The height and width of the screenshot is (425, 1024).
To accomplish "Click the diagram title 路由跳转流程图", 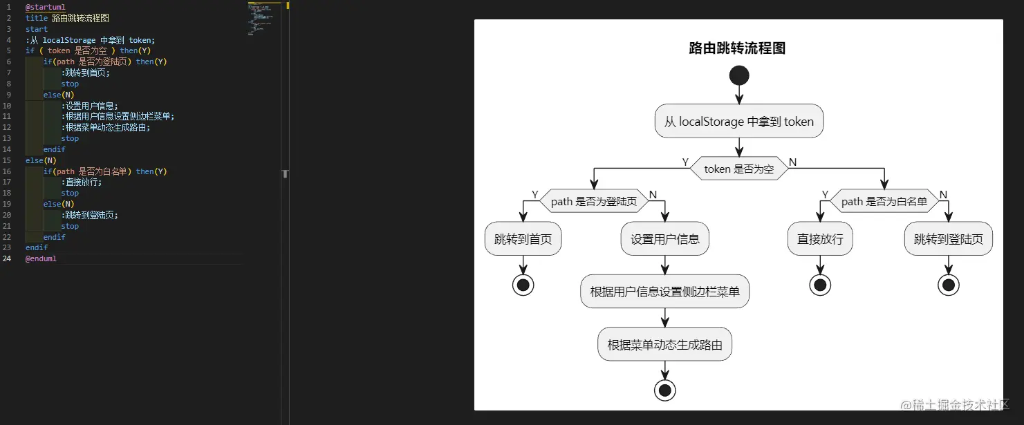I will (737, 48).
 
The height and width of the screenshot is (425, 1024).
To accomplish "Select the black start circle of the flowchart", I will (738, 75).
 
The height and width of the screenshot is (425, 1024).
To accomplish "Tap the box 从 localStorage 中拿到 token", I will (738, 122).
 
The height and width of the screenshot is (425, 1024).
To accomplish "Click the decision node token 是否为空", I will (738, 169).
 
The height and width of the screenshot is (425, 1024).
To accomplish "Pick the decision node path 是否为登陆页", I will (594, 201).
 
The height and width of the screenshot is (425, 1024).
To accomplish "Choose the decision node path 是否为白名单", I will (884, 201).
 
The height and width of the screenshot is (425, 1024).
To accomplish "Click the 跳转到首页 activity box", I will (523, 239).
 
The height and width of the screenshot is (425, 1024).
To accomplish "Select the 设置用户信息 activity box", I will (664, 239).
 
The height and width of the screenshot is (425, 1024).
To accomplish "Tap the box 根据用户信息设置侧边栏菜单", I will (664, 292).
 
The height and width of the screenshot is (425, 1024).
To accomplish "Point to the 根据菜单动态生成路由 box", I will (664, 344).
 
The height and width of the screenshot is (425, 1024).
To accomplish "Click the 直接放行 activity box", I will (820, 239).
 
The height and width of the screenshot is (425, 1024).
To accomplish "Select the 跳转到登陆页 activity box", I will (948, 239).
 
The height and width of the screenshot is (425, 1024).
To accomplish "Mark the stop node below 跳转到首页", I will (523, 285).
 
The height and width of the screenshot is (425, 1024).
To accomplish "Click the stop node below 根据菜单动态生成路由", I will (664, 390).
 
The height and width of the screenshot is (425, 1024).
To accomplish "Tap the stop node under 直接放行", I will (820, 285).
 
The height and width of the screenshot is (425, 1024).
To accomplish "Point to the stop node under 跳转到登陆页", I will (948, 285).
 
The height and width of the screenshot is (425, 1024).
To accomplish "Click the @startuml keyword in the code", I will (45, 7).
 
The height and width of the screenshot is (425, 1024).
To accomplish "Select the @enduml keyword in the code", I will (41, 258).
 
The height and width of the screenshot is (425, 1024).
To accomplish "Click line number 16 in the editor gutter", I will (7, 171).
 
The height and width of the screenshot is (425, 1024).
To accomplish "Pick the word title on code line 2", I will (37, 18).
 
